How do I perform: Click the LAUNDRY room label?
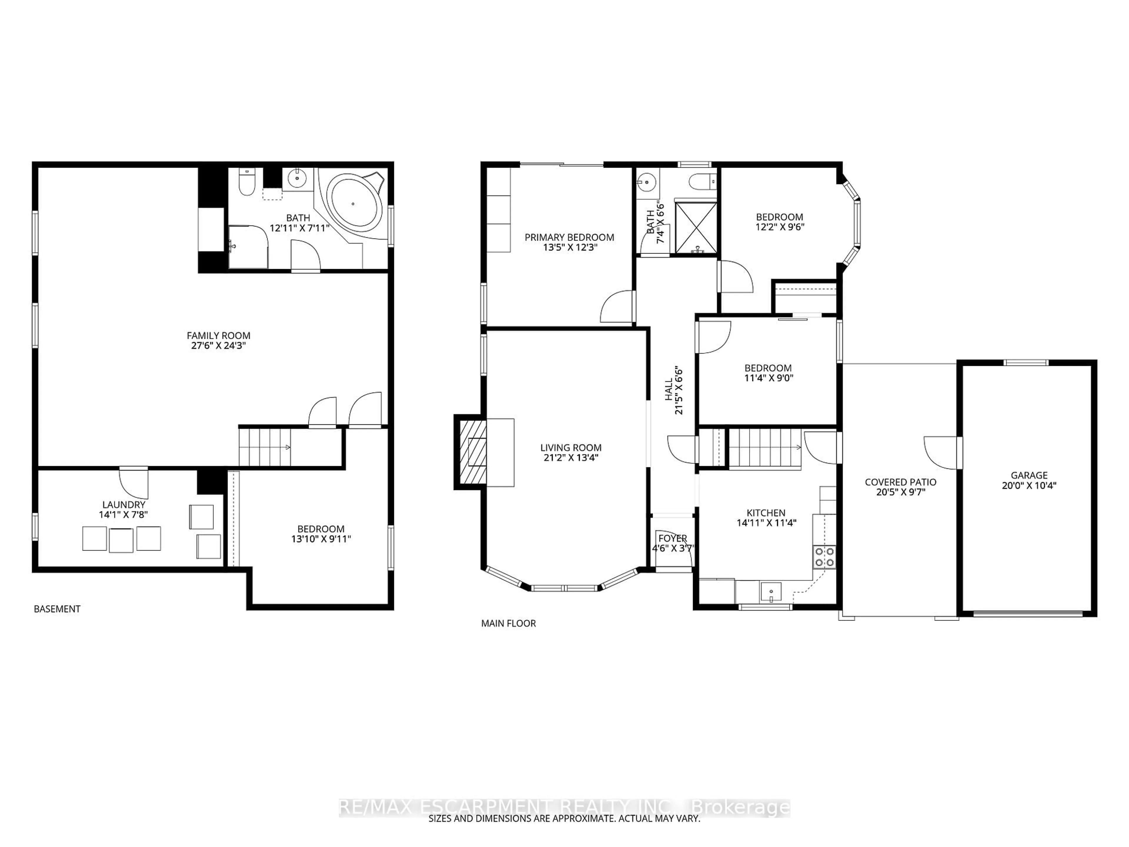pyautogui.click(x=123, y=504)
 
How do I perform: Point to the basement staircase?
pyautogui.click(x=265, y=447)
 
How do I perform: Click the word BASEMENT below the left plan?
pyautogui.click(x=57, y=609)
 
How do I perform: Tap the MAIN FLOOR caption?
pyautogui.click(x=508, y=623)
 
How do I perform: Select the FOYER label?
pyautogui.click(x=673, y=538)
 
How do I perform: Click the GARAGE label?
pyautogui.click(x=1029, y=475)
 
